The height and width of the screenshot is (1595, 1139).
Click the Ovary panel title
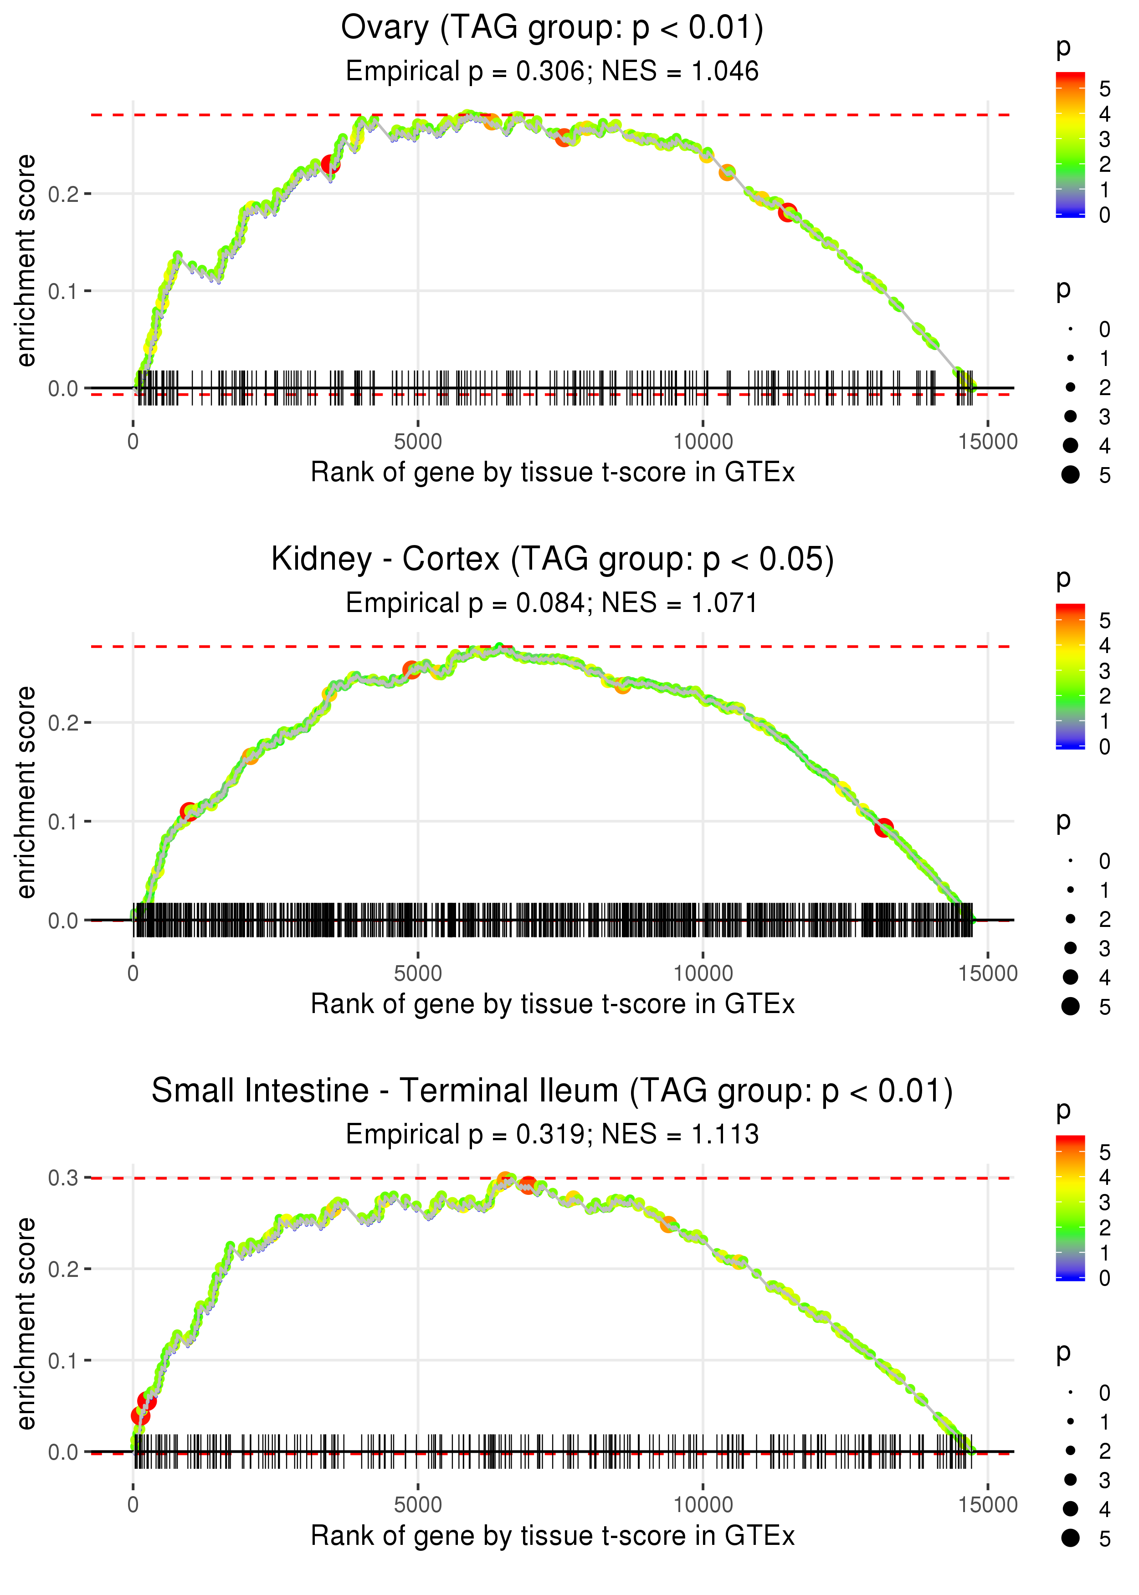(x=552, y=28)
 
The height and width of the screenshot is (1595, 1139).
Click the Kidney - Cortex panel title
(x=553, y=559)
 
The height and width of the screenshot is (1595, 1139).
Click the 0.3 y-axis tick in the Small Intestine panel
(x=63, y=1178)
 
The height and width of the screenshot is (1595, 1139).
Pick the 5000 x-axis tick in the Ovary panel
(x=418, y=442)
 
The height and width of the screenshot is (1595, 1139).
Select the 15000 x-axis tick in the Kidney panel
(x=988, y=973)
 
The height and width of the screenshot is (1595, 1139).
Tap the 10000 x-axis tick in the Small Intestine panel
(x=703, y=1505)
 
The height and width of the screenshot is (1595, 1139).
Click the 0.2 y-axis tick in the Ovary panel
(x=63, y=194)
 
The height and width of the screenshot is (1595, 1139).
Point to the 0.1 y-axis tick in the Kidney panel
(x=63, y=821)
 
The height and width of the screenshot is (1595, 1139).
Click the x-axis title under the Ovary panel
(x=553, y=473)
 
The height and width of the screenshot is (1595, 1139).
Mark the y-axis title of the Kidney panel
(x=26, y=792)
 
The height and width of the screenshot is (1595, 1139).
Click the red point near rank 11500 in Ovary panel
(x=788, y=212)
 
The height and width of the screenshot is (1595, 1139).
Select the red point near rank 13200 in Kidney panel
(x=884, y=828)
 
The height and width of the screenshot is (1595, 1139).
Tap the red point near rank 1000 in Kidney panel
(x=189, y=812)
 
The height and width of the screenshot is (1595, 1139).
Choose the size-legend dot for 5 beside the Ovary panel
(x=1070, y=475)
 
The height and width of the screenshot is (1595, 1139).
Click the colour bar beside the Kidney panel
(x=1070, y=676)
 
